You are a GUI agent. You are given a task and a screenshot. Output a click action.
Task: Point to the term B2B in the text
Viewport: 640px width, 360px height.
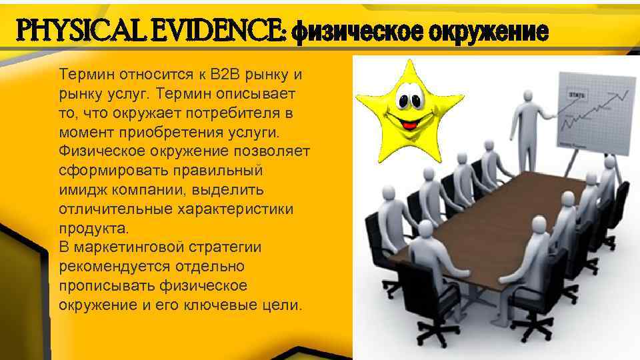[227, 73]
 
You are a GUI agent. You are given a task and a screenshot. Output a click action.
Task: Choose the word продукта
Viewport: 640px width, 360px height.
[91, 228]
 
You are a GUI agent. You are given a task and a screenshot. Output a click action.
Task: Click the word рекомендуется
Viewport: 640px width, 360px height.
[115, 267]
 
